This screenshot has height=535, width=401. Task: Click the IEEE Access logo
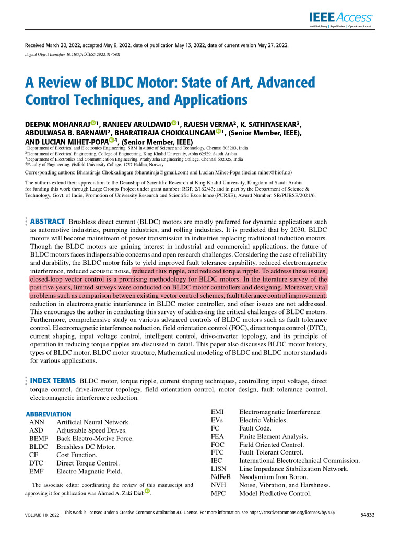click(347, 17)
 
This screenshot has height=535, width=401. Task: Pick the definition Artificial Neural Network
click(93, 422)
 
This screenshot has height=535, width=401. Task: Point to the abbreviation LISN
click(218, 469)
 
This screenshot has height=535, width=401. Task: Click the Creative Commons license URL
click(282, 513)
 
